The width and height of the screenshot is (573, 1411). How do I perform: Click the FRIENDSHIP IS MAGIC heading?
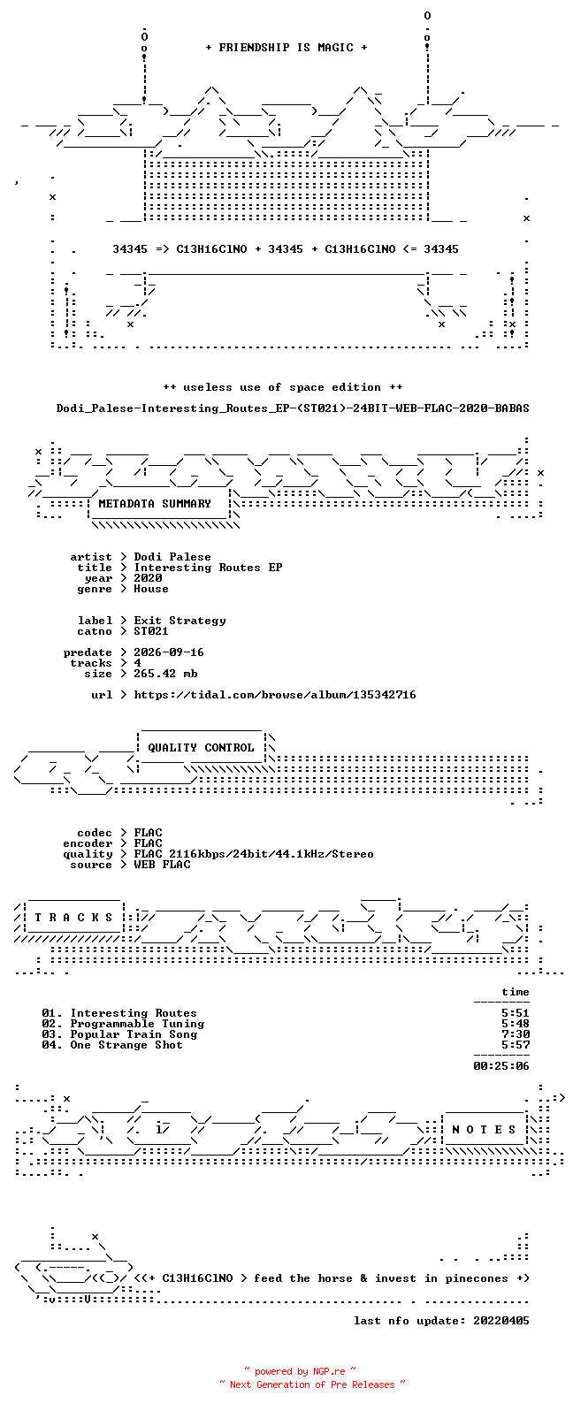coord(286,48)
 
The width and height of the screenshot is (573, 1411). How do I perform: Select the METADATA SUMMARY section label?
coord(155,504)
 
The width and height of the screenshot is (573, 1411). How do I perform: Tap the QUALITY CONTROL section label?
coord(201,748)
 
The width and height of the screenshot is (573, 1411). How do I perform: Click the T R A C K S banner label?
coord(73,918)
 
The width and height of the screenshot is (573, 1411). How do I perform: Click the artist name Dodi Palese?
coord(172,557)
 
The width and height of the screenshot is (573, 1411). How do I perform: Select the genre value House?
coord(151,589)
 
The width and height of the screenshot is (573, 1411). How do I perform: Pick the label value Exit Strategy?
coord(180,621)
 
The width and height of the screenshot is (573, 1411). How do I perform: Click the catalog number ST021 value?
coord(151,631)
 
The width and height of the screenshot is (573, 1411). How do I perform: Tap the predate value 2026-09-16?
coord(169,652)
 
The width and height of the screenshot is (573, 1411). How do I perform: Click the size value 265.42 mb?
coord(165,674)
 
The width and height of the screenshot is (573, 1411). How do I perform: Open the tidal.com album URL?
coord(275,695)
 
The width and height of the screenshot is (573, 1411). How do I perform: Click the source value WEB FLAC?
coord(162,865)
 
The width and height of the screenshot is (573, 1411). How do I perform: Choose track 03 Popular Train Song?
coord(119,1034)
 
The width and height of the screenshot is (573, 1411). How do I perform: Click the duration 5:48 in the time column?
coord(516,1024)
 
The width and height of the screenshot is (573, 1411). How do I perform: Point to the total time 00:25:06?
coord(501,1066)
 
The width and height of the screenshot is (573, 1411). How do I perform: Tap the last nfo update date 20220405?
coord(501,1320)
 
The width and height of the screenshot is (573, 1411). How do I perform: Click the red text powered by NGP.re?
coord(300,1371)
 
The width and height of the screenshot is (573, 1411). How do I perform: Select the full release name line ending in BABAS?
coord(293,408)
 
